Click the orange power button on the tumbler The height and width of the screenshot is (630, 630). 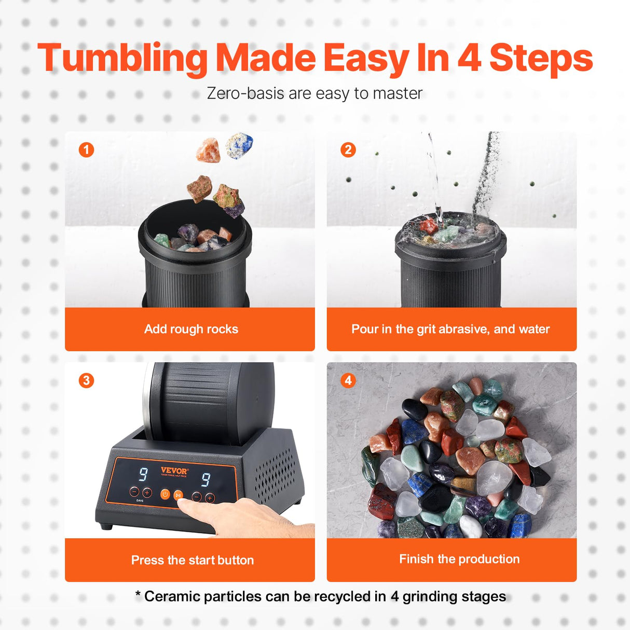point(165,495)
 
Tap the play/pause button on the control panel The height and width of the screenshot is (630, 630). point(179,496)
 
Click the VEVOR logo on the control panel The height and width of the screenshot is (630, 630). point(174,471)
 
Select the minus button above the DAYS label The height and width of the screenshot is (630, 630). point(134,491)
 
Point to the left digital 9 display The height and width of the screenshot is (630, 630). point(143,474)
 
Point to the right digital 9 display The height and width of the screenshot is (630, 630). point(206,480)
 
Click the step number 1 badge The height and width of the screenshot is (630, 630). point(86,150)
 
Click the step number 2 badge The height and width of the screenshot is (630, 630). point(348,150)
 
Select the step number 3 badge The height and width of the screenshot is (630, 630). point(86,380)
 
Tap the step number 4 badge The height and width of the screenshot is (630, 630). point(348,380)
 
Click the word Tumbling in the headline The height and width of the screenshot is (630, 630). point(122,58)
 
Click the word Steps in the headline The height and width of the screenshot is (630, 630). point(541,58)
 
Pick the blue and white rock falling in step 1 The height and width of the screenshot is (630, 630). point(239,145)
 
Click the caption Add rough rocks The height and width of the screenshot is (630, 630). point(191,329)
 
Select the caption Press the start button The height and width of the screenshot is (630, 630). point(192,560)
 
